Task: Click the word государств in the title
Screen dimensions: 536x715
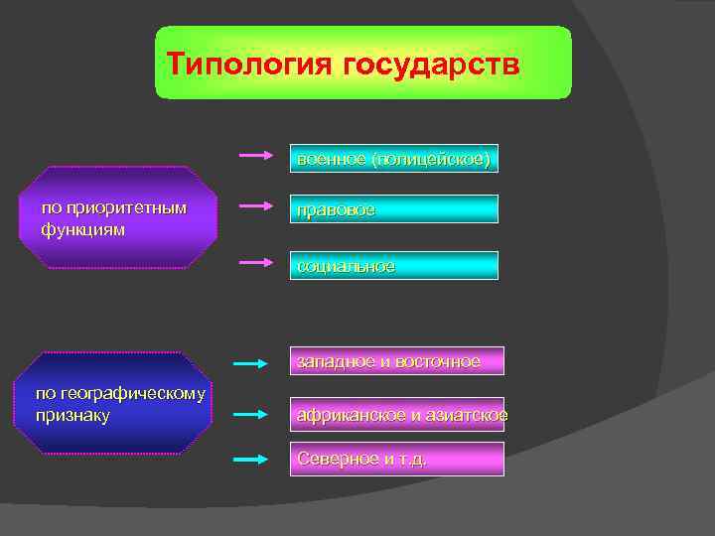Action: click(x=429, y=64)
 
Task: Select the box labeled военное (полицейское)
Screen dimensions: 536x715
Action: click(x=393, y=158)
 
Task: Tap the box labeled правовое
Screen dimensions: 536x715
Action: click(x=393, y=209)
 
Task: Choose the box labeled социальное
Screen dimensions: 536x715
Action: click(x=393, y=265)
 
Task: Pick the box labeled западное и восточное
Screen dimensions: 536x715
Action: click(x=396, y=360)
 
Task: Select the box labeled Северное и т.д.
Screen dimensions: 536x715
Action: click(x=396, y=459)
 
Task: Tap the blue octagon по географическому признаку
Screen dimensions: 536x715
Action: click(x=118, y=403)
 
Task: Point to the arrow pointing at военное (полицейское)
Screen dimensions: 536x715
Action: click(x=255, y=156)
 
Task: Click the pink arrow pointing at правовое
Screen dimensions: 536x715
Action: click(x=255, y=206)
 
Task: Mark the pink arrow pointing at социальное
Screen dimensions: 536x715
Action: click(x=255, y=262)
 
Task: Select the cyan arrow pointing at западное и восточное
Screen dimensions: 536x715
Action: click(x=251, y=363)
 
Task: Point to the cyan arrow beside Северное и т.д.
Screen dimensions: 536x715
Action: click(x=251, y=459)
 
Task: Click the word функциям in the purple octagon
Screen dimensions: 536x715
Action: click(x=83, y=229)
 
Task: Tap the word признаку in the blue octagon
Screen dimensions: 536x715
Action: click(x=72, y=414)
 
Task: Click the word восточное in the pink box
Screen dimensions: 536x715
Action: click(x=437, y=361)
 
